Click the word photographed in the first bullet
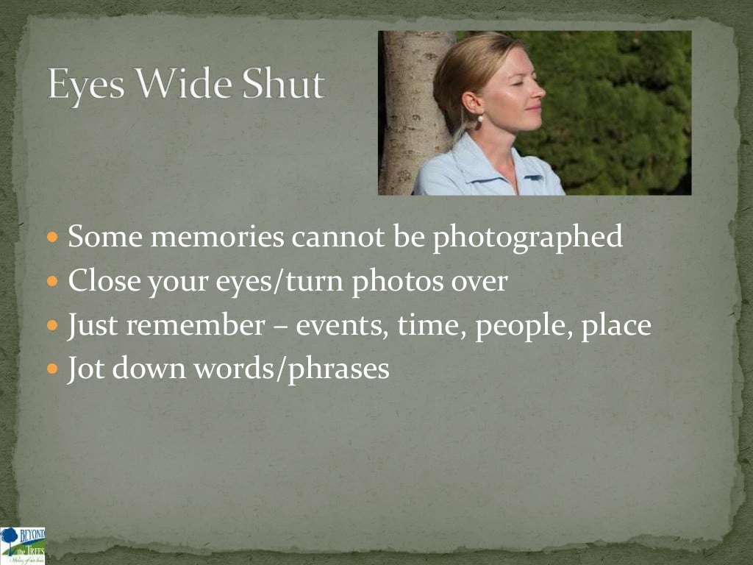click(x=527, y=238)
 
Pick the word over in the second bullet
click(x=479, y=281)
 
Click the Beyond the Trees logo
click(x=23, y=545)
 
